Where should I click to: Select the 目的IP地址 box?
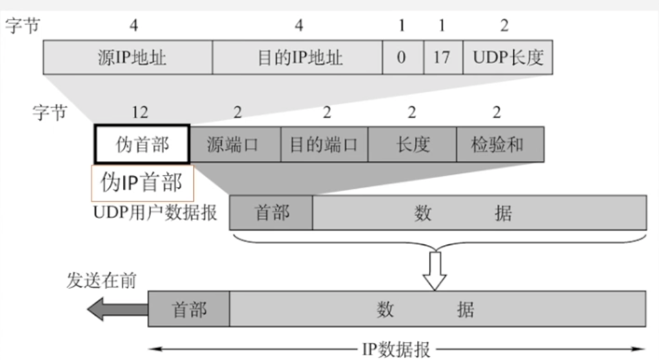tap(297, 58)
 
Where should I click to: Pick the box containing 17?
tap(442, 58)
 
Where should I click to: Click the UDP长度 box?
tap(507, 58)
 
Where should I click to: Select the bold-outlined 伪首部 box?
tap(142, 145)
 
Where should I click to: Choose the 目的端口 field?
tap(324, 145)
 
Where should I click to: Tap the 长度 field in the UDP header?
tap(412, 145)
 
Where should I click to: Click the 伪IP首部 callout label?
tap(142, 183)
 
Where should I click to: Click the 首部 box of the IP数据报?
tap(189, 310)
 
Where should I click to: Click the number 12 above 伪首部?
tap(139, 112)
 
